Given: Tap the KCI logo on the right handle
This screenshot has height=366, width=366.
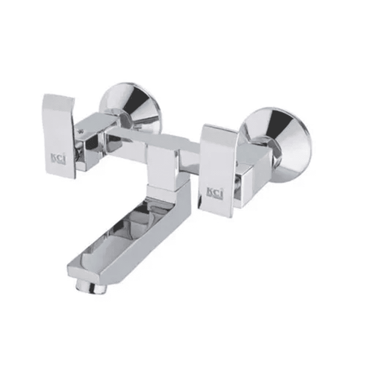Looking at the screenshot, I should click(215, 190).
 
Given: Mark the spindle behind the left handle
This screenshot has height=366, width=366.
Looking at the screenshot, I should click(80, 151).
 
